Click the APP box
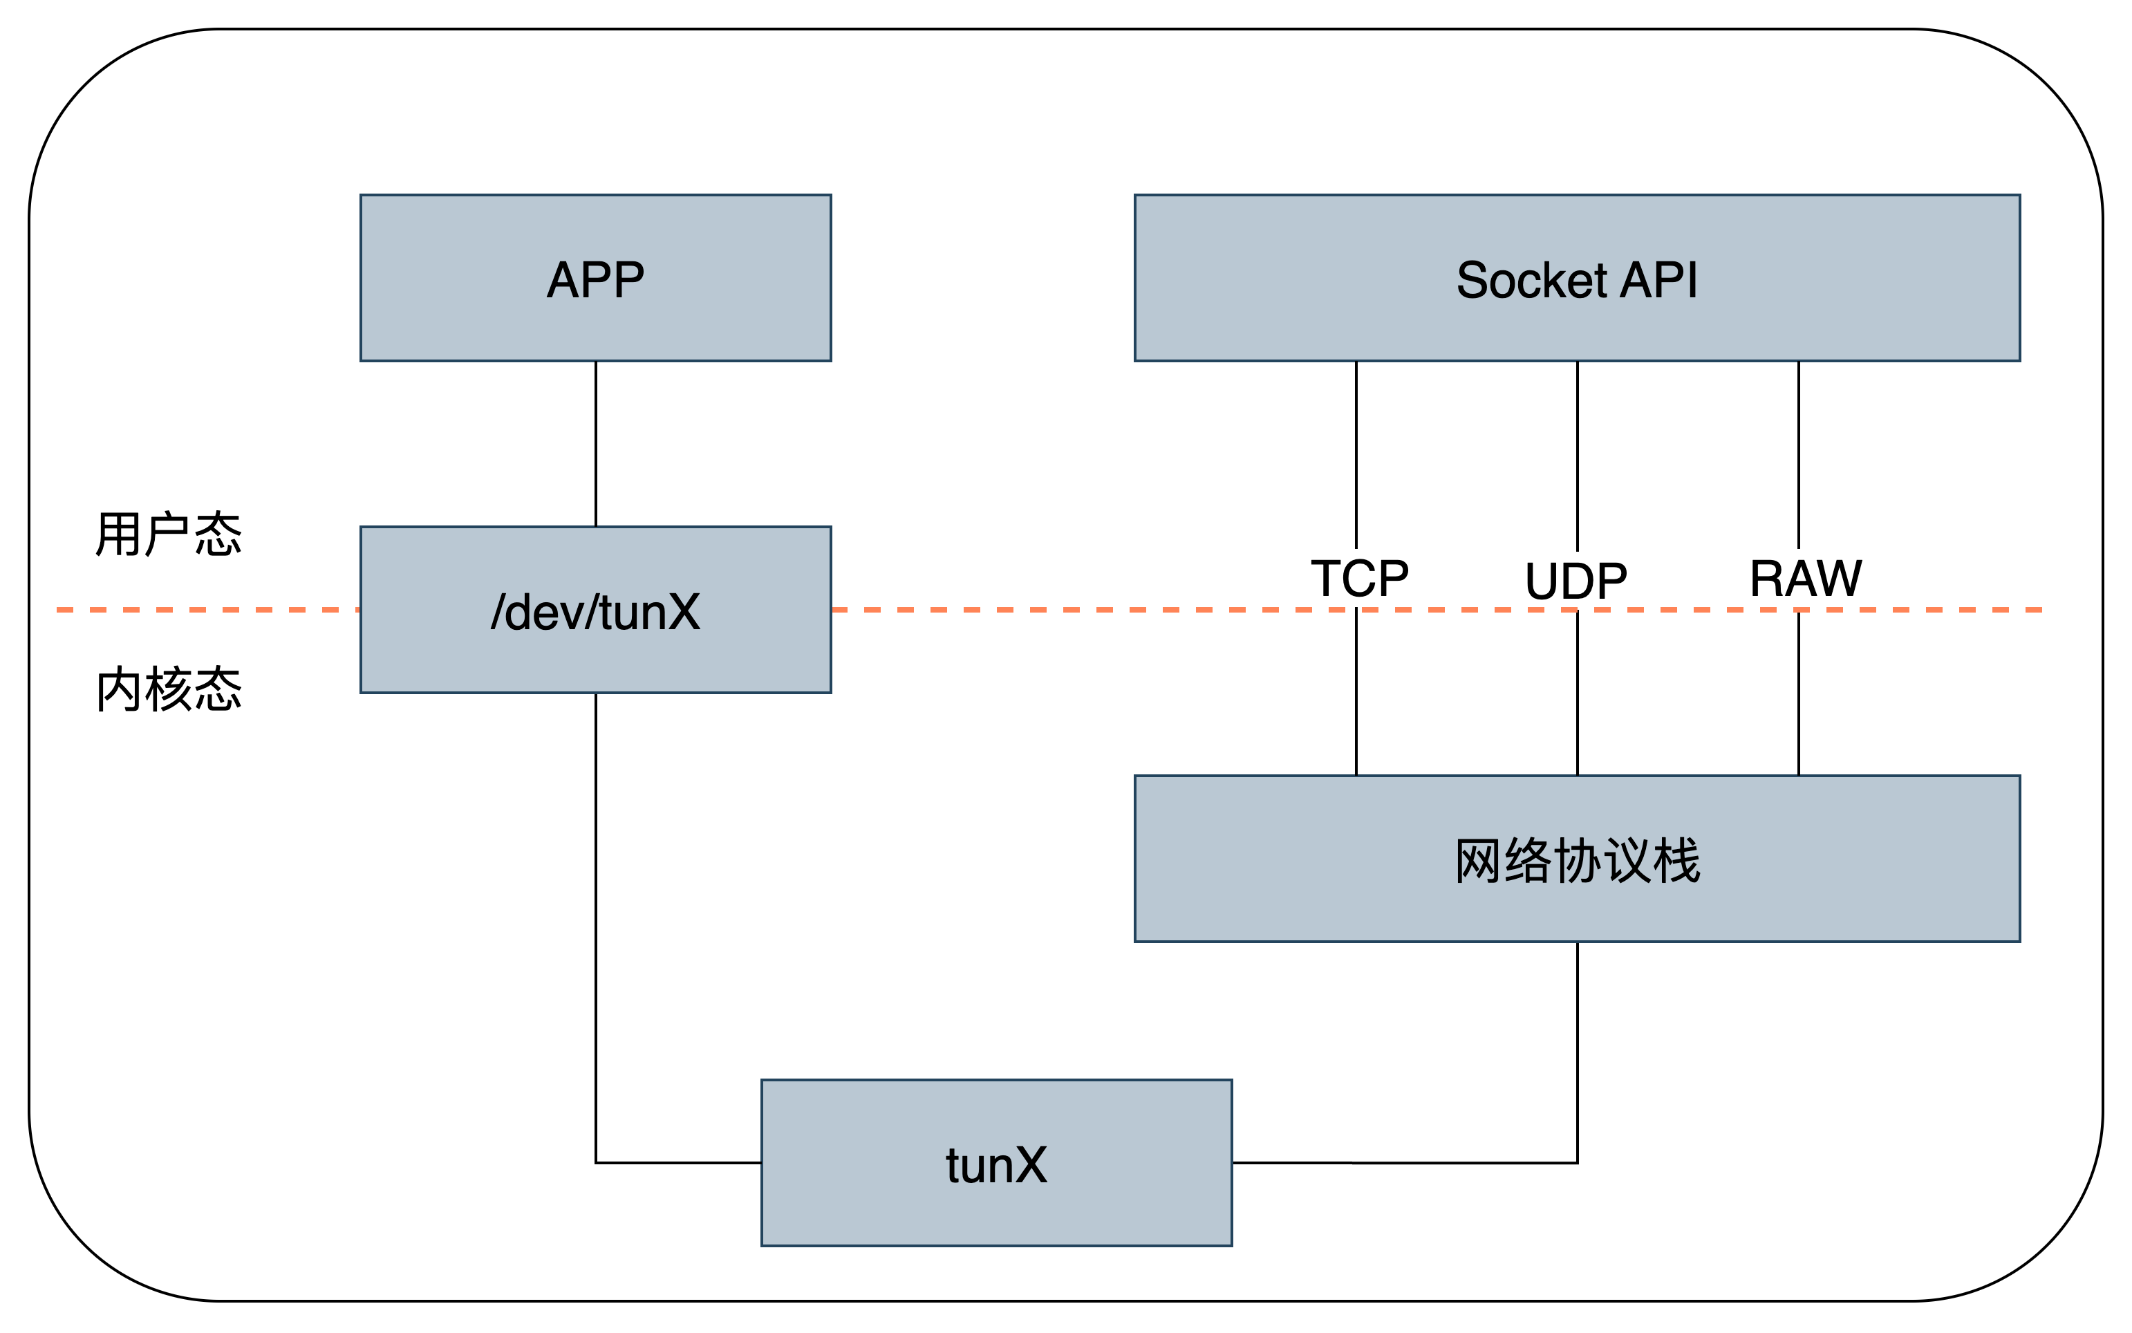pyautogui.click(x=595, y=279)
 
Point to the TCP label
pyautogui.click(x=1360, y=578)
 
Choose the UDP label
pyautogui.click(x=1577, y=580)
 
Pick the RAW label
pyautogui.click(x=1805, y=578)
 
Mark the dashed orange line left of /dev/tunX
pyautogui.click(x=203, y=609)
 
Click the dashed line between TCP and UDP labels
pyautogui.click(x=1468, y=609)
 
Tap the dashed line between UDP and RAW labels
pyautogui.click(x=1687, y=609)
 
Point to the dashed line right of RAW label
pyautogui.click(x=1952, y=609)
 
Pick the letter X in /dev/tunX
pyautogui.click(x=680, y=612)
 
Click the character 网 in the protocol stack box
pyautogui.click(x=1477, y=861)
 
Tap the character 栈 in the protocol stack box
pyautogui.click(x=1676, y=861)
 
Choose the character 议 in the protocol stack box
pyautogui.click(x=1627, y=861)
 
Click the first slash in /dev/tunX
pyautogui.click(x=500, y=612)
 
